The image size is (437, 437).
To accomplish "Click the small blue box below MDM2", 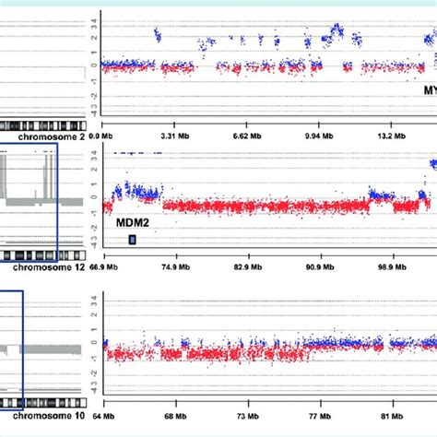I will pyautogui.click(x=133, y=240).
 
